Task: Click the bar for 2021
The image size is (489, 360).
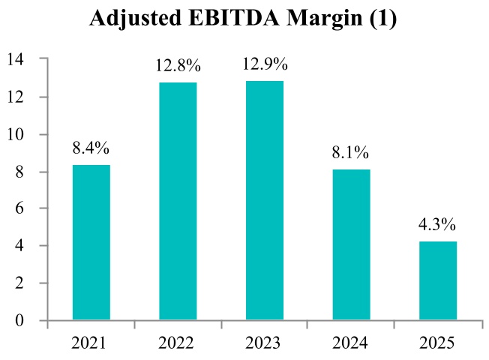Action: (91, 242)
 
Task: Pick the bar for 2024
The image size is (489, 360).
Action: (351, 244)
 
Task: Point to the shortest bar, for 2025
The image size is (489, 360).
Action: (437, 280)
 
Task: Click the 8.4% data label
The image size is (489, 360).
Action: (91, 148)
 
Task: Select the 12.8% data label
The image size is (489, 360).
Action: (178, 65)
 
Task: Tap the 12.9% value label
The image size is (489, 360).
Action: (264, 64)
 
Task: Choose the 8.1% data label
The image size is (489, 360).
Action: (351, 153)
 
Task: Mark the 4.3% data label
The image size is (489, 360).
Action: (437, 224)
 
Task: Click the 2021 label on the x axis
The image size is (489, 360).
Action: (91, 343)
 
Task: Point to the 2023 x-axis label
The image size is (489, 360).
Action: (264, 343)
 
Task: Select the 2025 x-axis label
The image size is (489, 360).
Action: (437, 343)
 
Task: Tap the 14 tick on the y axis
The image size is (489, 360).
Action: (16, 59)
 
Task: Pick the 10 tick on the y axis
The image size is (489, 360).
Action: (16, 134)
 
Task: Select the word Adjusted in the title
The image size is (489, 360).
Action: (130, 18)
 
